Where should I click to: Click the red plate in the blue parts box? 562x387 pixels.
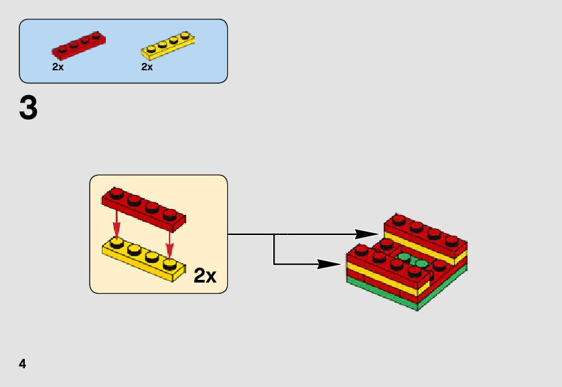pos(79,46)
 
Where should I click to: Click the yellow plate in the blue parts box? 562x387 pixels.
pos(168,46)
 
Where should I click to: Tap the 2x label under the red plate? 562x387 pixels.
pos(58,67)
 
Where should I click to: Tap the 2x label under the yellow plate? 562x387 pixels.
pos(147,67)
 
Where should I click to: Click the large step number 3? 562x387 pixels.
pos(28,108)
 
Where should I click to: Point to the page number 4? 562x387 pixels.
pos(22,364)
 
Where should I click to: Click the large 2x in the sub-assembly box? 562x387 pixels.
pos(205,276)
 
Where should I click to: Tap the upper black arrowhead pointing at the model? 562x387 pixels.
pos(366,234)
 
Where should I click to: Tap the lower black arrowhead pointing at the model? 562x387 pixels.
pos(330,264)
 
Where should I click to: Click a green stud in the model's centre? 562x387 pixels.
pos(405,256)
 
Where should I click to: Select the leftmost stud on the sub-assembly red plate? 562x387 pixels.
pos(117,194)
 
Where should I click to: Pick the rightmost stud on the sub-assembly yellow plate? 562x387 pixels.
pos(169,264)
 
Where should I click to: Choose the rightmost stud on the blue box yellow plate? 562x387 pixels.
pos(185,35)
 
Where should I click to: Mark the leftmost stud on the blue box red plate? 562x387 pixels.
pos(62,48)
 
